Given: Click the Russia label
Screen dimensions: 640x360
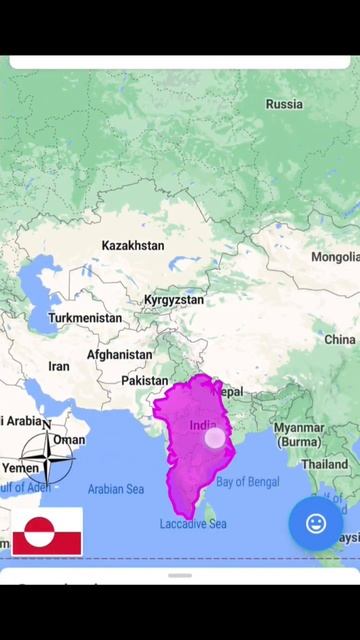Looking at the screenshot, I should (x=284, y=104).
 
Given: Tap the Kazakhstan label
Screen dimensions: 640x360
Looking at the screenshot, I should (x=133, y=245).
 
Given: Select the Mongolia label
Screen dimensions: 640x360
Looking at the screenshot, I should (x=334, y=257).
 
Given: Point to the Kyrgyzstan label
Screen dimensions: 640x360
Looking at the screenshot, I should (x=173, y=300).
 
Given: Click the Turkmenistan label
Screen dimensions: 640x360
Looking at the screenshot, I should (x=85, y=318).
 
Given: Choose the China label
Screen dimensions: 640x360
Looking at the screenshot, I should (x=339, y=340).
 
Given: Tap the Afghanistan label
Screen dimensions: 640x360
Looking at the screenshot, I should (x=119, y=355).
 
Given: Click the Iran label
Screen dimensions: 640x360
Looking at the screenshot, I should (x=59, y=367).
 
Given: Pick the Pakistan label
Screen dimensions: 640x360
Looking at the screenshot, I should (x=145, y=381).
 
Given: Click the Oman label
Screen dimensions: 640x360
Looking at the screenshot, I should (x=70, y=440).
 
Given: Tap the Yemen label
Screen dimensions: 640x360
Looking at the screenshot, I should (x=20, y=468).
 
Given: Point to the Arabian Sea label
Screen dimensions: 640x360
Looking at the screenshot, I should (x=116, y=489).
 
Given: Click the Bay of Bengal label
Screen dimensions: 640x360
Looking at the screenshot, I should (x=248, y=482).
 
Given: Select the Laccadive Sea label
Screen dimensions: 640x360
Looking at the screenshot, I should (x=193, y=524).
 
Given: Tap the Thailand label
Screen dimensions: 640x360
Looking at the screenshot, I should (x=325, y=465).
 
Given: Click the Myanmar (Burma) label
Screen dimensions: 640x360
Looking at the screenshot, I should (x=299, y=434).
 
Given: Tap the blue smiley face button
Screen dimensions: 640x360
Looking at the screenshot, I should (x=316, y=523).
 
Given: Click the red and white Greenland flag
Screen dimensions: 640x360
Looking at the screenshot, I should (x=48, y=531).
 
